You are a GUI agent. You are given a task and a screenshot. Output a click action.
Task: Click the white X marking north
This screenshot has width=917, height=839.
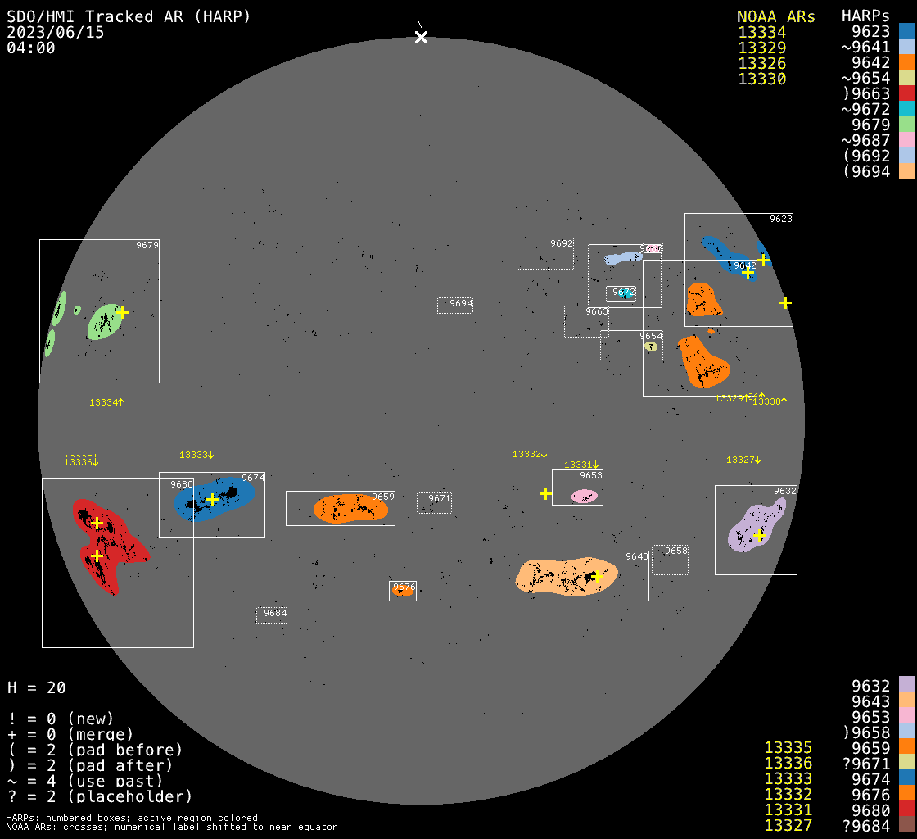click(x=421, y=37)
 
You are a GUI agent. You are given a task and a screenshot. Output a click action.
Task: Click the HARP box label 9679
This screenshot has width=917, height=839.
click(x=147, y=245)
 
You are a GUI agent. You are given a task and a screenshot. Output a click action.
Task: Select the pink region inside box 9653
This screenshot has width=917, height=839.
click(x=585, y=497)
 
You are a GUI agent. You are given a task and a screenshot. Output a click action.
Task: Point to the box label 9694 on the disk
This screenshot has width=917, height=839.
click(x=461, y=304)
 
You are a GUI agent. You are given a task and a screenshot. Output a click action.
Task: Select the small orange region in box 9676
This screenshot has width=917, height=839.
click(x=403, y=590)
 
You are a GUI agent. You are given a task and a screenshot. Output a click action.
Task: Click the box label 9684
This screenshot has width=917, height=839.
click(x=275, y=614)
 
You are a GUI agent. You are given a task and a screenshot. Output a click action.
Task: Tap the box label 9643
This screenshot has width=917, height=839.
click(x=637, y=557)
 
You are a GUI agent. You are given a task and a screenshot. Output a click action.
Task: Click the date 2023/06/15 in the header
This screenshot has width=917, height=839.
click(x=56, y=32)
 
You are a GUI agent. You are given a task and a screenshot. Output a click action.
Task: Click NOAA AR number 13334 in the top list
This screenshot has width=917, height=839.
click(x=761, y=32)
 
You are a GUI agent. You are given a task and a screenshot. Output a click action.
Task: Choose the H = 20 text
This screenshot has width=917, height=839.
click(x=37, y=687)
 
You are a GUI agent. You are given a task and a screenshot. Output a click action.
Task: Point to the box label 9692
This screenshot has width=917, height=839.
click(x=562, y=244)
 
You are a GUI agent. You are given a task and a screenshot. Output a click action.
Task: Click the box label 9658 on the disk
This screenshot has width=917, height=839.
click(x=676, y=551)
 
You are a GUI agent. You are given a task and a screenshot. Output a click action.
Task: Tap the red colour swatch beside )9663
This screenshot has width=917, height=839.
click(x=906, y=93)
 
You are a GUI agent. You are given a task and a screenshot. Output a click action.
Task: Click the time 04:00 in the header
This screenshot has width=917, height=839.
click(x=31, y=48)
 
